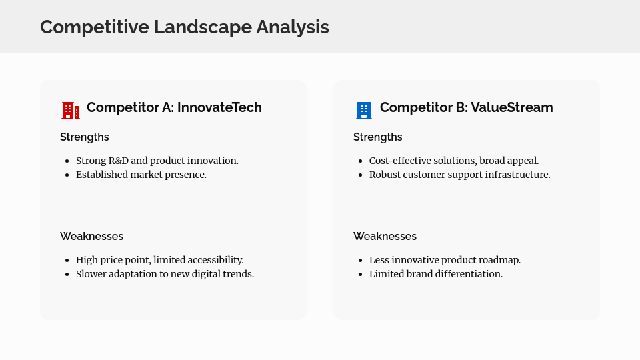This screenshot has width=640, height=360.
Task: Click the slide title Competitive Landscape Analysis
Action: (185, 27)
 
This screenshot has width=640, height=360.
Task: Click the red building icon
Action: (70, 111)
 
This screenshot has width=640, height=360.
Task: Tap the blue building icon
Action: (363, 111)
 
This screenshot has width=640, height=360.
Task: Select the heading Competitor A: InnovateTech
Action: (174, 107)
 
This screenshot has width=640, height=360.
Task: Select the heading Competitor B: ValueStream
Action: (466, 107)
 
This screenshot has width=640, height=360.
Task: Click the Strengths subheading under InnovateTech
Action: (85, 137)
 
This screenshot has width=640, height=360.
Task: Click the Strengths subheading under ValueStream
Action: (378, 137)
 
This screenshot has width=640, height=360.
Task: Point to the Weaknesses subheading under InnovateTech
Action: (91, 236)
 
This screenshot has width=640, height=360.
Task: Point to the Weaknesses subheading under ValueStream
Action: (385, 236)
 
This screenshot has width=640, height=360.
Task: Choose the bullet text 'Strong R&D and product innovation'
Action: (157, 161)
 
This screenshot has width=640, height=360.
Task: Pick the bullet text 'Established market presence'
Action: (141, 175)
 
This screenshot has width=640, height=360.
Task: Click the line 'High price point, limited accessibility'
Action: (159, 260)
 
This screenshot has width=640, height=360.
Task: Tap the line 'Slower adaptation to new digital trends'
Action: (165, 274)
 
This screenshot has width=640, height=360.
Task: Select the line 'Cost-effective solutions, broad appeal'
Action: (453, 161)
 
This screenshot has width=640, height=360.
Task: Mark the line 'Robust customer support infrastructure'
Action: (459, 175)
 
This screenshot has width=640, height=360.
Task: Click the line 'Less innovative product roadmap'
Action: (445, 260)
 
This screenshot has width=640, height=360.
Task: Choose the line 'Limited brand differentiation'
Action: (436, 274)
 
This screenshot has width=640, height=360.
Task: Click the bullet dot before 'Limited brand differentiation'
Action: (361, 275)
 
